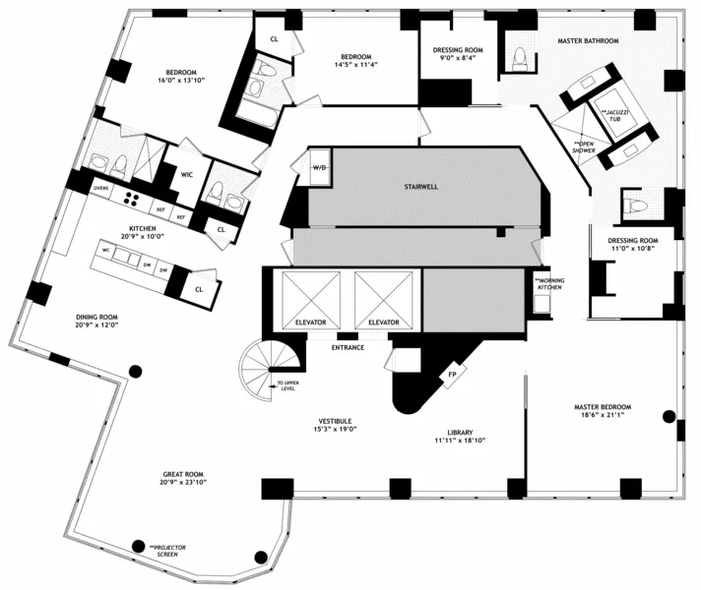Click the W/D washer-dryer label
pyautogui.click(x=320, y=168)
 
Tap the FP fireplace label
pyautogui.click(x=452, y=374)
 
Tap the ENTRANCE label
pyautogui.click(x=348, y=347)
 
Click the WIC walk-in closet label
pyautogui.click(x=187, y=174)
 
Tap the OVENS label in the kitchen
pyautogui.click(x=99, y=187)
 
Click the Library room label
pyautogui.click(x=461, y=433)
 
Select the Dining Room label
pyautogui.click(x=96, y=317)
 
